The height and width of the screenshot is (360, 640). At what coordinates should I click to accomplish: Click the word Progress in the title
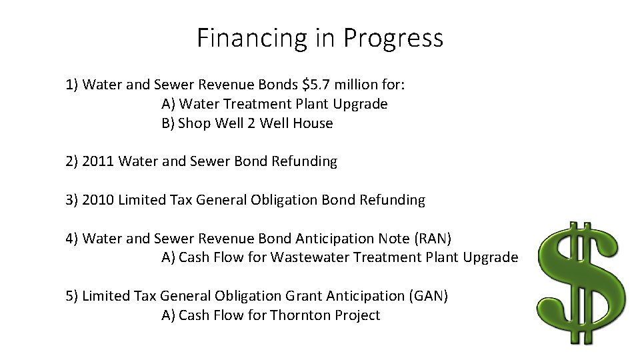(393, 38)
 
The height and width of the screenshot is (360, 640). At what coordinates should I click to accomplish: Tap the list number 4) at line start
(72, 239)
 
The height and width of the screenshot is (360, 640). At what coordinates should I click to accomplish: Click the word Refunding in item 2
(306, 161)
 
